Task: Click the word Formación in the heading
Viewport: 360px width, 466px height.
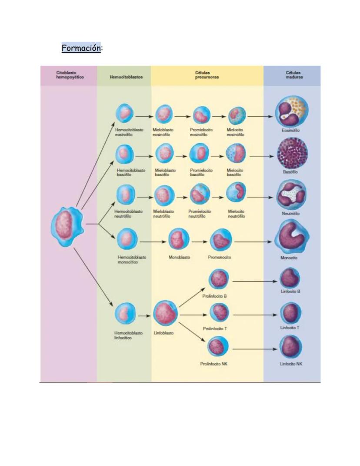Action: [x=81, y=47]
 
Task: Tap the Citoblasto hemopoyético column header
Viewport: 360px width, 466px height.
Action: [x=70, y=75]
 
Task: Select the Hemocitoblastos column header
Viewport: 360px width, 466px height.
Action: [x=124, y=77]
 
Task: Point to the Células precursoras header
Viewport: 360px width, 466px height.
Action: [x=207, y=75]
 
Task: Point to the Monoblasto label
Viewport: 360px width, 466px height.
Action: [x=179, y=257]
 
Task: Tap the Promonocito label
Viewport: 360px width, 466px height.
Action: [x=220, y=257]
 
